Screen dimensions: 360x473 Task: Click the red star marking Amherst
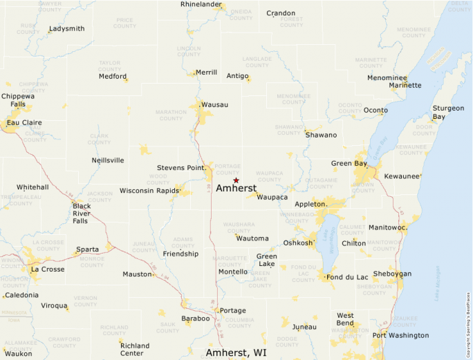click(x=236, y=180)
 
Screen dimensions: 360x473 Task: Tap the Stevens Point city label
click(x=181, y=168)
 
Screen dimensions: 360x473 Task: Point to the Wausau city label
click(x=214, y=104)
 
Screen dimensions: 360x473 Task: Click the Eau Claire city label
click(x=24, y=123)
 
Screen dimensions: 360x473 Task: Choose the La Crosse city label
click(x=47, y=269)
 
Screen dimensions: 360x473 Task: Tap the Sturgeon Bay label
click(x=448, y=113)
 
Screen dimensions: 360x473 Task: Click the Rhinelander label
click(x=201, y=5)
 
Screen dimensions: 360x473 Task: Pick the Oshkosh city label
click(x=298, y=243)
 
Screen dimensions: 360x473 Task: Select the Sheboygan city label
click(x=392, y=274)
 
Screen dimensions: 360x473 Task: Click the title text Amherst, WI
click(x=236, y=352)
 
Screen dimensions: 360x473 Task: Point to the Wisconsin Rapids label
click(x=149, y=191)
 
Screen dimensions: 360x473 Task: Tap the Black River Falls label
click(x=82, y=213)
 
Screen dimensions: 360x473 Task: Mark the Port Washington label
click(x=400, y=336)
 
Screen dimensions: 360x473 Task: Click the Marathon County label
click(x=171, y=115)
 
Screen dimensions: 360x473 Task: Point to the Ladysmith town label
click(x=66, y=29)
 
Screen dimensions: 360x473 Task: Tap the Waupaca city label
click(x=272, y=197)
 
